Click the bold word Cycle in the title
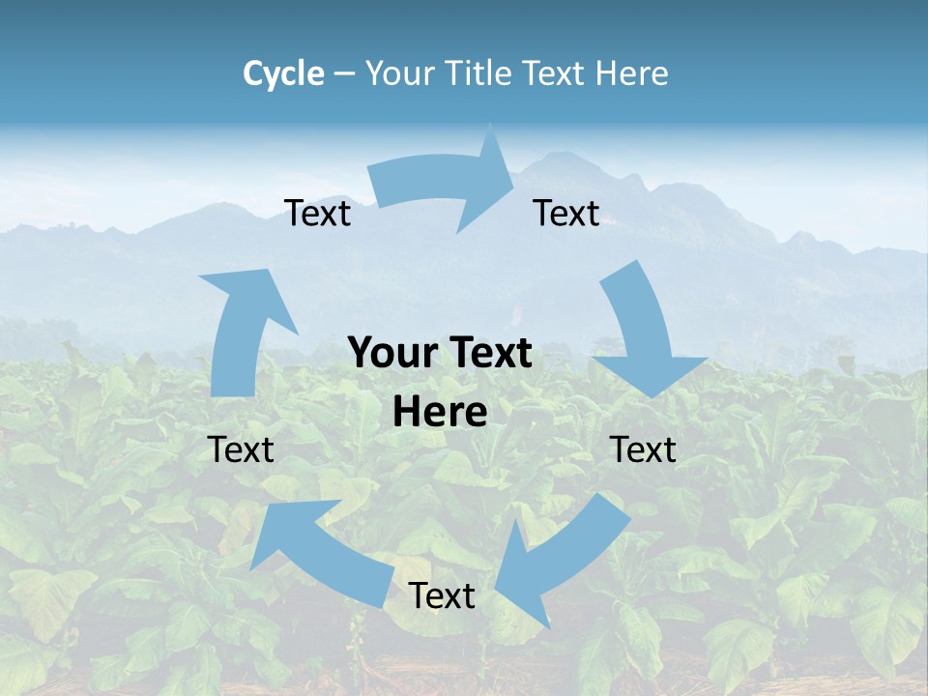(x=283, y=73)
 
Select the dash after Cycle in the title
(x=344, y=73)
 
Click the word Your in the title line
(x=399, y=73)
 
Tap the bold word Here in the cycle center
(x=440, y=412)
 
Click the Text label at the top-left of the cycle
(x=318, y=214)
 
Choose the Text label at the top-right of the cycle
(x=566, y=214)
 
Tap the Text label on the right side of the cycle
(x=643, y=449)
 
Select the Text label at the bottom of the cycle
(x=442, y=596)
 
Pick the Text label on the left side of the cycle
(x=242, y=449)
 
